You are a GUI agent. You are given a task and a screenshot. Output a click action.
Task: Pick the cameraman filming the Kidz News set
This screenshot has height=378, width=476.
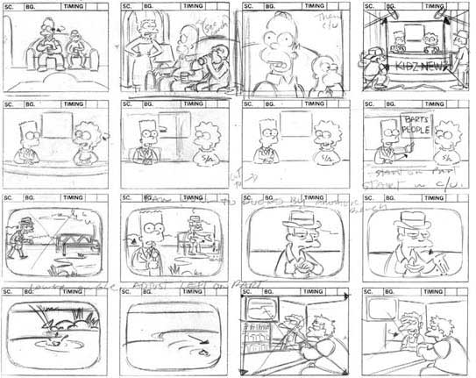click(x=378, y=60)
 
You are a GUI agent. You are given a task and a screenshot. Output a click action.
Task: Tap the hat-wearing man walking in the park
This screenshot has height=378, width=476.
click(x=23, y=232)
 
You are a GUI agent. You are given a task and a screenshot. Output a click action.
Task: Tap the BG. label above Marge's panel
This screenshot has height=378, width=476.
click(x=154, y=5)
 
